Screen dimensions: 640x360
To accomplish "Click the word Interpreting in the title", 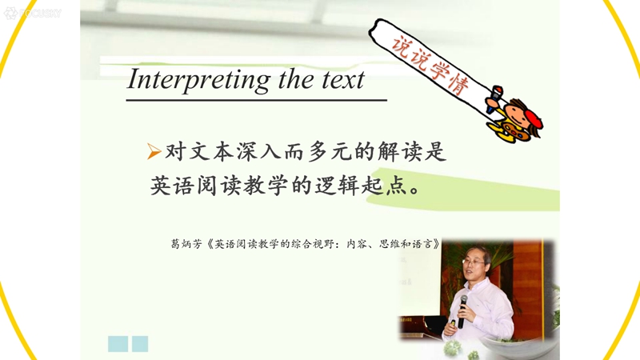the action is pos(198,80).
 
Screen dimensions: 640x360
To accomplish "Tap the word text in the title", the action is pos(343,79).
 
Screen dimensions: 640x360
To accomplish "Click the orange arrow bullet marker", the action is pos(154,151).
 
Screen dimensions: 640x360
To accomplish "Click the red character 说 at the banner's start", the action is pos(402,45).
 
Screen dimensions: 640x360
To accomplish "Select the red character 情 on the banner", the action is pos(458,84).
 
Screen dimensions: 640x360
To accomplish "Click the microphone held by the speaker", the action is pos(462,311).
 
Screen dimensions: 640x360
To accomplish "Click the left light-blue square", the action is pos(118,344).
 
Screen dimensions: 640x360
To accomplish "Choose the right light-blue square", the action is pos(140,344).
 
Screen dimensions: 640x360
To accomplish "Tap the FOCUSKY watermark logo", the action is pos(33,13).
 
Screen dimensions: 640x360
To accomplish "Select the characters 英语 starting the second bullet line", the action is pos(173,186).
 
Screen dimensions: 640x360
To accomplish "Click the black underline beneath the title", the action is pos(256,99).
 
